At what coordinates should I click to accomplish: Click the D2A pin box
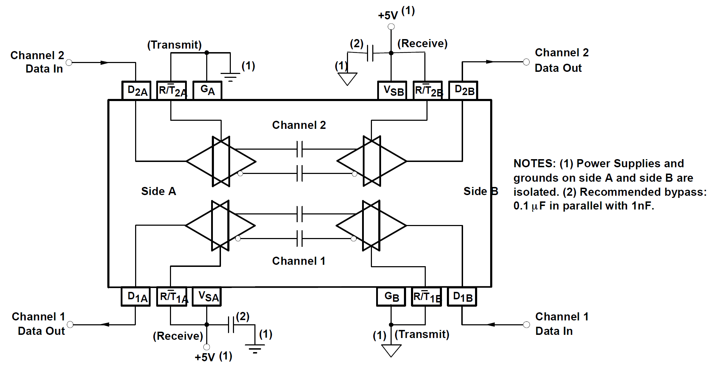pyautogui.click(x=136, y=90)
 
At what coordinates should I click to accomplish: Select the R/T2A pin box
pyautogui.click(x=172, y=90)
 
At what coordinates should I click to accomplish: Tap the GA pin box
pyautogui.click(x=207, y=90)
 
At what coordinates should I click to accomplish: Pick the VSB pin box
pyautogui.click(x=392, y=90)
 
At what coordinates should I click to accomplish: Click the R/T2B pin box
pyautogui.click(x=428, y=90)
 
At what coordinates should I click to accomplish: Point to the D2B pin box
pyautogui.click(x=463, y=90)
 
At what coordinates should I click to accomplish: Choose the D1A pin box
pyautogui.click(x=136, y=297)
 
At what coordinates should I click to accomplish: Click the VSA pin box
pyautogui.click(x=207, y=297)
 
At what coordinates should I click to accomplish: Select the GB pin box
pyautogui.click(x=391, y=297)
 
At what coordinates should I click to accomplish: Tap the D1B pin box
pyautogui.click(x=462, y=297)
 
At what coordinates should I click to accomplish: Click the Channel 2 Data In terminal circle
pyautogui.click(x=69, y=63)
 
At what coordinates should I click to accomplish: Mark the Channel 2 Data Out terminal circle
pyautogui.click(x=526, y=62)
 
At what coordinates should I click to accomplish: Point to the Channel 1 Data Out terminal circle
pyautogui.click(x=70, y=324)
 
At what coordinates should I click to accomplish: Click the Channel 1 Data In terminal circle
pyautogui.click(x=526, y=324)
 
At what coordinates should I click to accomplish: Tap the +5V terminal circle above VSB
pyautogui.click(x=391, y=27)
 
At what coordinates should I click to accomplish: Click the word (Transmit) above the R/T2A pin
pyautogui.click(x=174, y=45)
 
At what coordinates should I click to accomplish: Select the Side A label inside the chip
pyautogui.click(x=158, y=191)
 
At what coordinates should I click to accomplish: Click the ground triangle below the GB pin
pyautogui.click(x=391, y=350)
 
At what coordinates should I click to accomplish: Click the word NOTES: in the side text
pyautogui.click(x=534, y=163)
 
